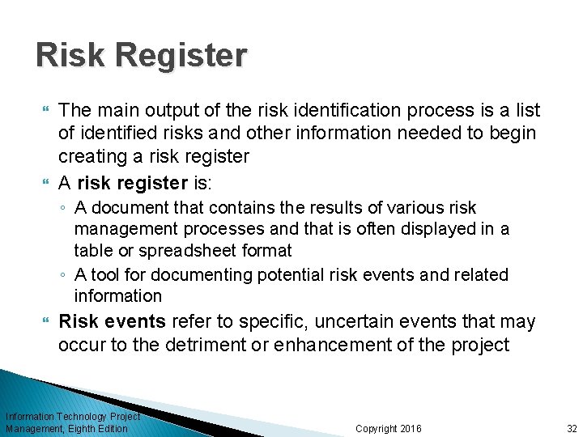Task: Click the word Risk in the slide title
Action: pos(70,56)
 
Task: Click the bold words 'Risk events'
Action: pos(112,322)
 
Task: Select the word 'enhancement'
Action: pos(334,345)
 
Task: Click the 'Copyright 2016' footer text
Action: pos(389,429)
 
